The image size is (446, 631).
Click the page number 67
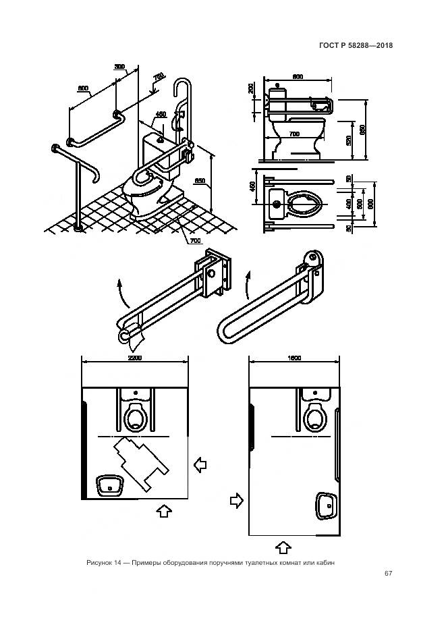(x=388, y=574)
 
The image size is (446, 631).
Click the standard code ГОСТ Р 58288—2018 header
(x=357, y=46)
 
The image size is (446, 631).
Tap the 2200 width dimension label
(x=134, y=358)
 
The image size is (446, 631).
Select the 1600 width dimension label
(x=293, y=358)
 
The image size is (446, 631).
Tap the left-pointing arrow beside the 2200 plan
(x=200, y=465)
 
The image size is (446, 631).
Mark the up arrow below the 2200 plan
(x=163, y=511)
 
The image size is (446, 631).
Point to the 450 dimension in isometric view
(x=161, y=114)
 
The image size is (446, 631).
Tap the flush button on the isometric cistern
(x=160, y=139)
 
